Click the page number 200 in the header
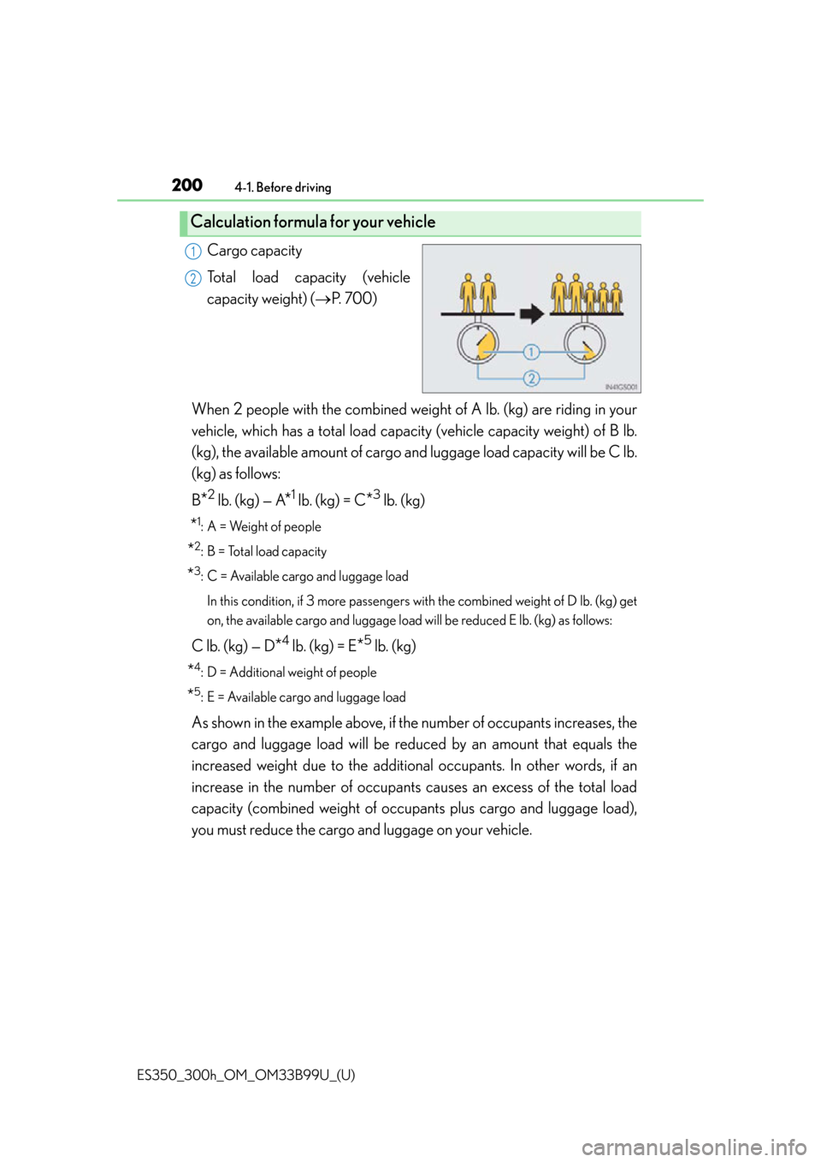(187, 185)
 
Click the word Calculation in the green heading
(231, 222)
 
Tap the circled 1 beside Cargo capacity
(192, 252)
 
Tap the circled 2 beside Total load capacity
(192, 279)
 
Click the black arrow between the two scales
(531, 314)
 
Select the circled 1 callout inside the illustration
(531, 353)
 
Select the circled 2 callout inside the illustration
(531, 378)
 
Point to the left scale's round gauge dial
(478, 343)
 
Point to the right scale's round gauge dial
(585, 343)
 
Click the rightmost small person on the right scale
(616, 298)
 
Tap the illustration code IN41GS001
(622, 387)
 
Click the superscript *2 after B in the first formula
(209, 495)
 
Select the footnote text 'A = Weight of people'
(263, 527)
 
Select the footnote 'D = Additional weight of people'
(292, 673)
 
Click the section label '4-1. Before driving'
(283, 187)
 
